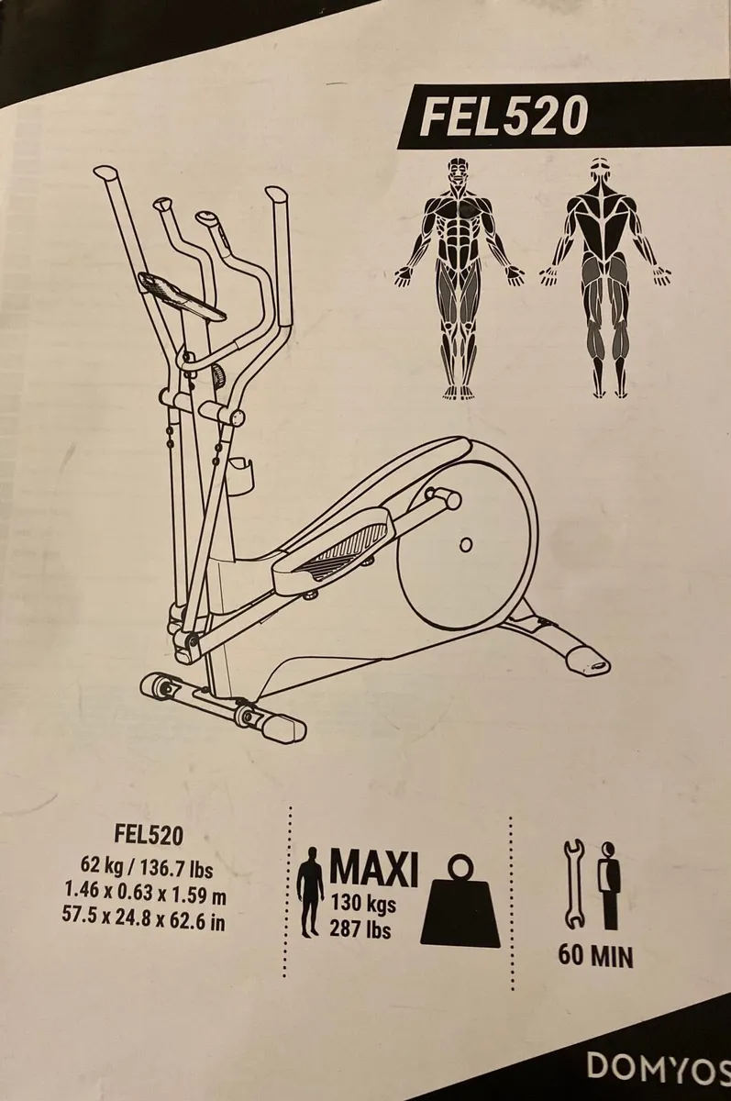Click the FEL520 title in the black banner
(503, 117)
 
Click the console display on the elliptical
(184, 296)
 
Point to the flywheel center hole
(466, 545)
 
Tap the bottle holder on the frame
(243, 477)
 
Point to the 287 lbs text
(360, 930)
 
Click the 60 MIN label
(596, 957)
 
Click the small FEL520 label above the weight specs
(150, 835)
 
